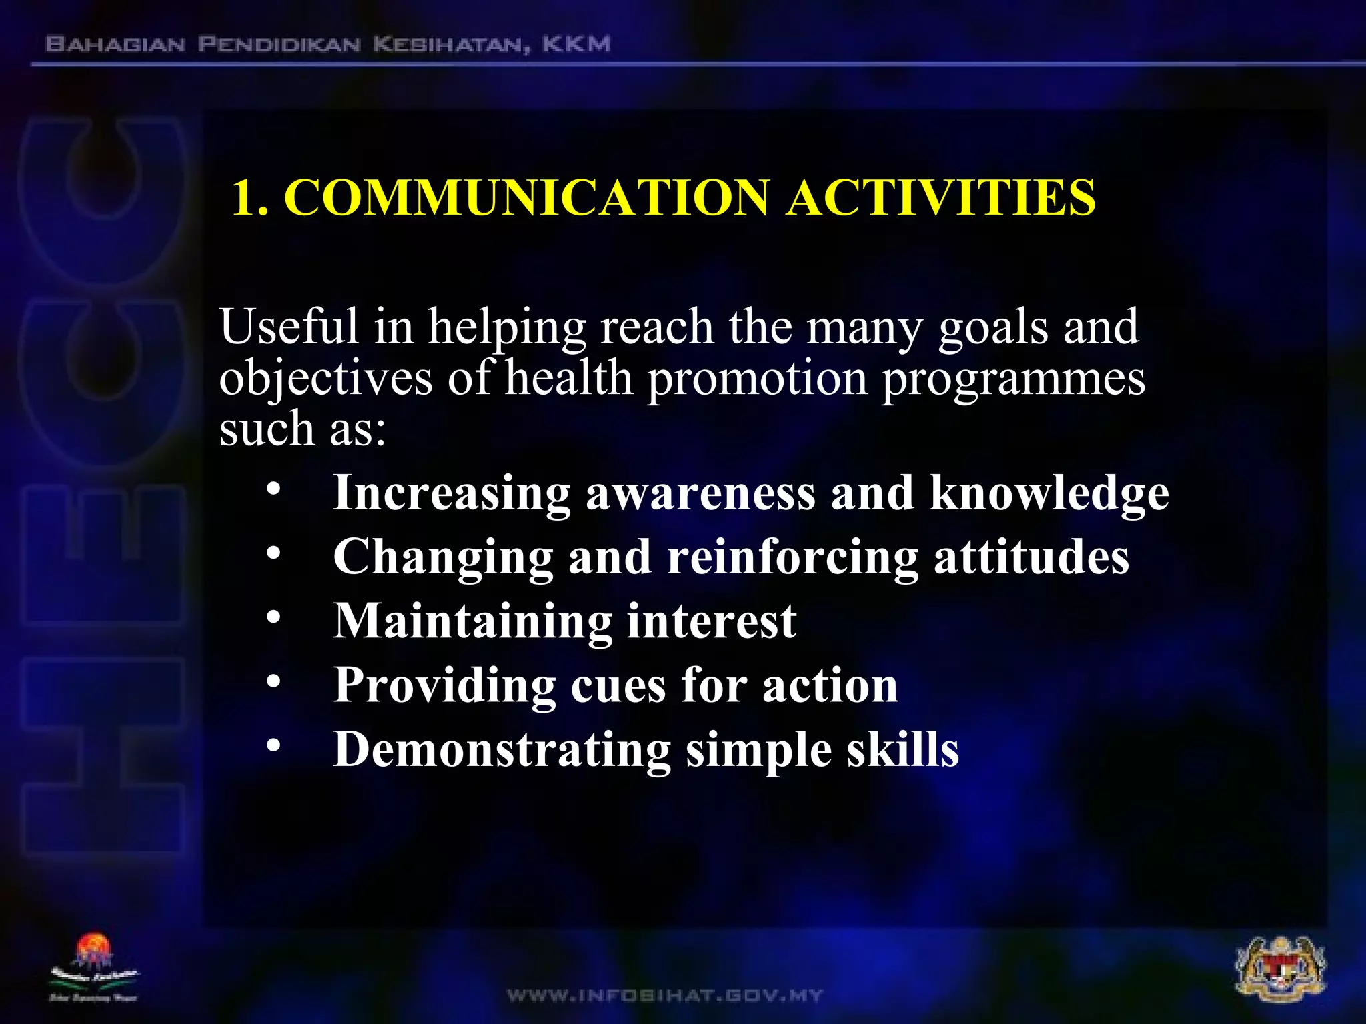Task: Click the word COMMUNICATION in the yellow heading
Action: click(527, 198)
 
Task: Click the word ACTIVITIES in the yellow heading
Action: click(940, 198)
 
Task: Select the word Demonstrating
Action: click(502, 750)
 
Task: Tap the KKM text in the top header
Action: click(576, 45)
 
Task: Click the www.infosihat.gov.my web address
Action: click(665, 996)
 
